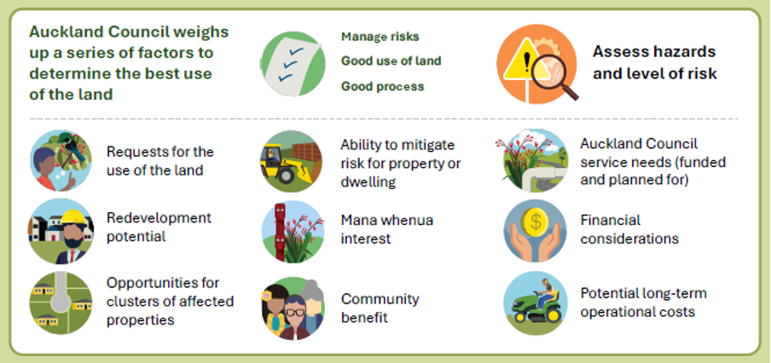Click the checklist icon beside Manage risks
point(292,62)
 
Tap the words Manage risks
point(380,37)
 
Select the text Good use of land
point(391,61)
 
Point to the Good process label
point(382,86)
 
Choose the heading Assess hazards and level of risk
point(654,62)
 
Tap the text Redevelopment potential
point(159,226)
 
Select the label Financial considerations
point(629,229)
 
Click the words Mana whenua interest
point(386,229)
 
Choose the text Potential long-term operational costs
point(643,302)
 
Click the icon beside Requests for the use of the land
point(61,159)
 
